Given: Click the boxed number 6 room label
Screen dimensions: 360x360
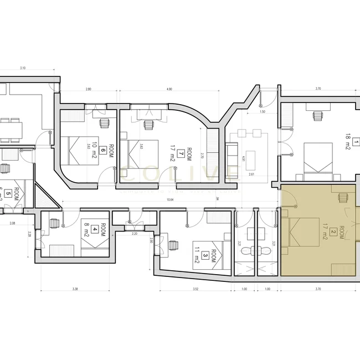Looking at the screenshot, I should pyautogui.click(x=102, y=140).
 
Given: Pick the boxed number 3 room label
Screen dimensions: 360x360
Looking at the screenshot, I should pyautogui.click(x=205, y=255).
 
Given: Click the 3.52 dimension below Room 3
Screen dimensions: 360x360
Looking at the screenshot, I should pyautogui.click(x=195, y=289).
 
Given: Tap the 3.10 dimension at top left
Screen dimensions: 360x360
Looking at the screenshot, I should pyautogui.click(x=23, y=68).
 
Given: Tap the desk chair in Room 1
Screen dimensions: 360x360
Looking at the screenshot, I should pyautogui.click(x=317, y=116).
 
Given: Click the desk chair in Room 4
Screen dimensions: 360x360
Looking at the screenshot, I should pyautogui.click(x=54, y=224).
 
